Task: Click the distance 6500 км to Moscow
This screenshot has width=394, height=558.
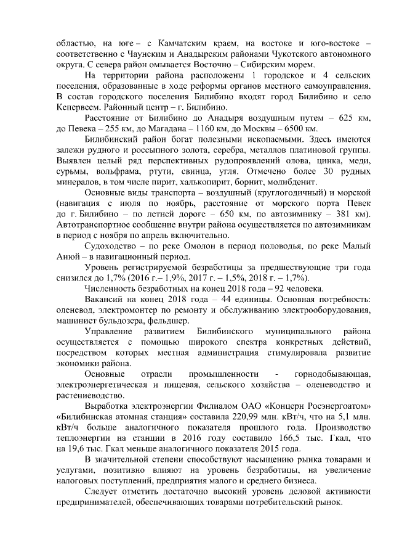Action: (302, 129)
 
